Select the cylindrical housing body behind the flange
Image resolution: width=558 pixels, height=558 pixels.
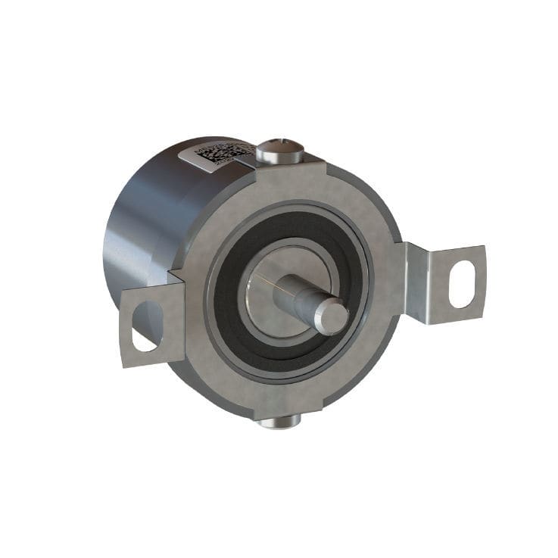coord(144,227)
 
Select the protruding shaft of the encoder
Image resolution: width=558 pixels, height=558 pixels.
coord(310,303)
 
